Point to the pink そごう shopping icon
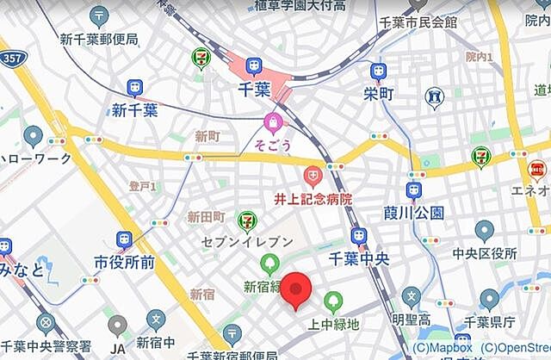274,121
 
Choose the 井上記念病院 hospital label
313,199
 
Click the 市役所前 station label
125,262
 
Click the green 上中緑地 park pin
333,301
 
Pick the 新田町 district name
207,217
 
